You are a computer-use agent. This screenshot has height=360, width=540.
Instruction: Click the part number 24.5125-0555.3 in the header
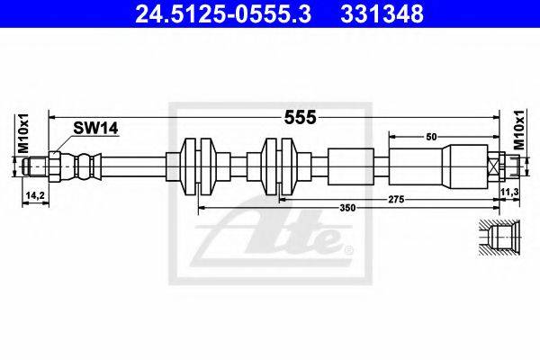tap(223, 14)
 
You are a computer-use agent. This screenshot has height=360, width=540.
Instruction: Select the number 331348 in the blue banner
tap(382, 14)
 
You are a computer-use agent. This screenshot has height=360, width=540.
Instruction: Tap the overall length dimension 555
tap(300, 118)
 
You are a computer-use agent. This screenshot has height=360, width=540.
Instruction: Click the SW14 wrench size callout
tap(95, 129)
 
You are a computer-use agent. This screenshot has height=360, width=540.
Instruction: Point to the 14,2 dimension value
tap(35, 195)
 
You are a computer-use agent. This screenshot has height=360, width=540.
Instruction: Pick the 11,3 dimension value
tap(510, 192)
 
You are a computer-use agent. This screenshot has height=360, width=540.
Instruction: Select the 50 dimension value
tap(431, 137)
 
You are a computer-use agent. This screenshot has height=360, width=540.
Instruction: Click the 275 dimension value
tap(396, 199)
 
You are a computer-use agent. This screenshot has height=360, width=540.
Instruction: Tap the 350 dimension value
tap(347, 208)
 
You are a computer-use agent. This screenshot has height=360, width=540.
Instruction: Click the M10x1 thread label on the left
tap(23, 134)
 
